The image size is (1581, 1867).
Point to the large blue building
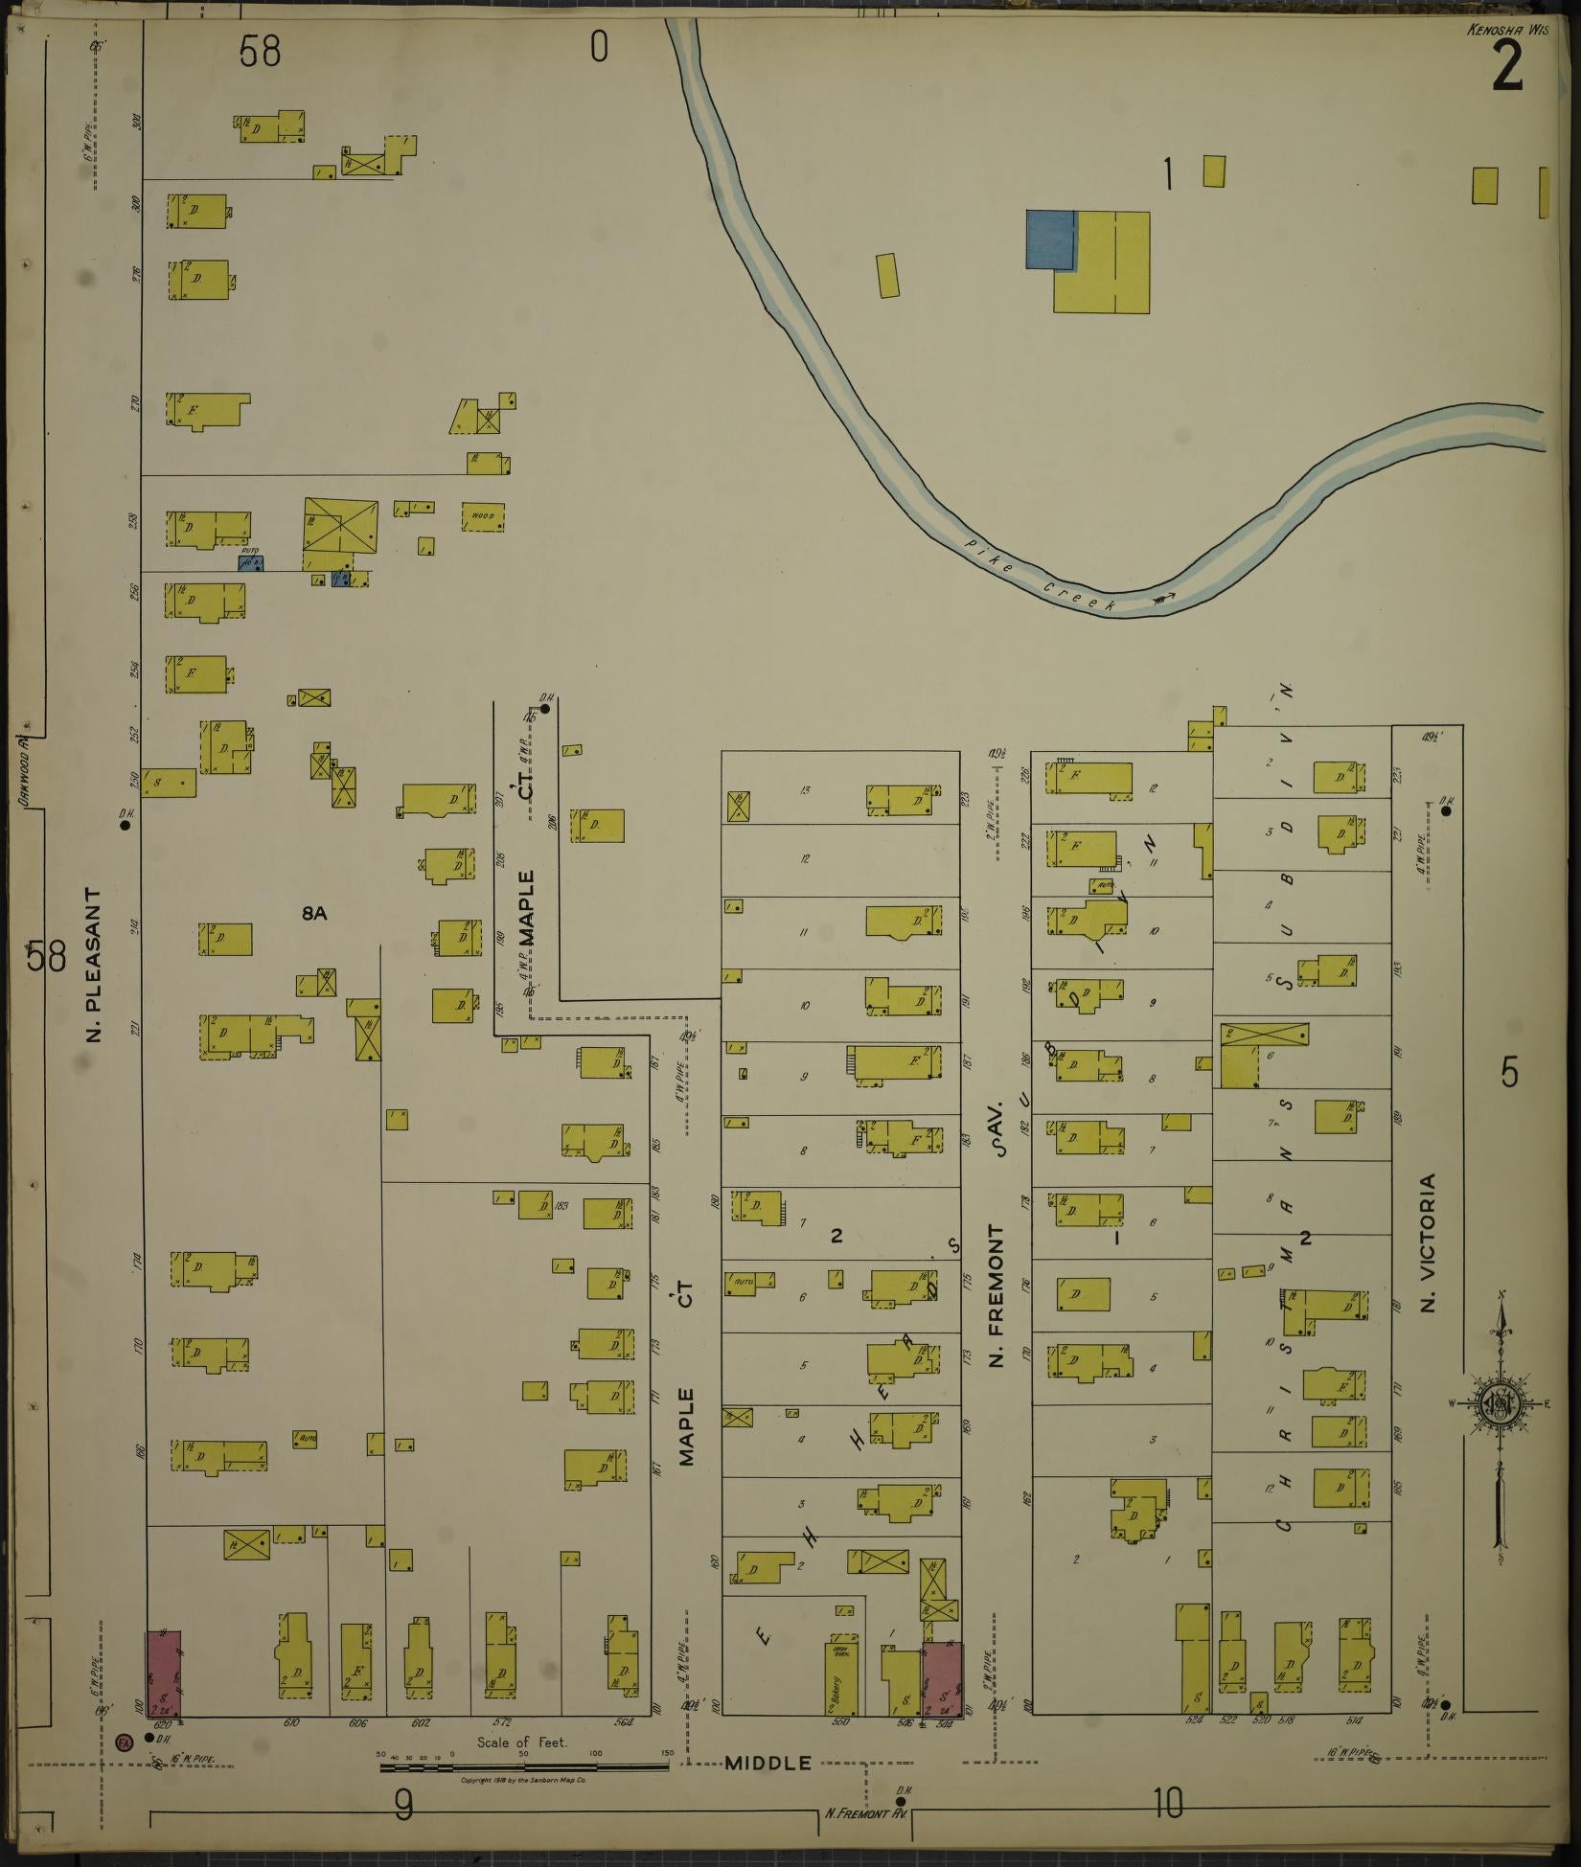point(1050,239)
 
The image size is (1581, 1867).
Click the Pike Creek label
point(1040,578)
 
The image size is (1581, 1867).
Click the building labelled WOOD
point(483,516)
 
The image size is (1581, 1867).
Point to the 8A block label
point(314,914)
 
